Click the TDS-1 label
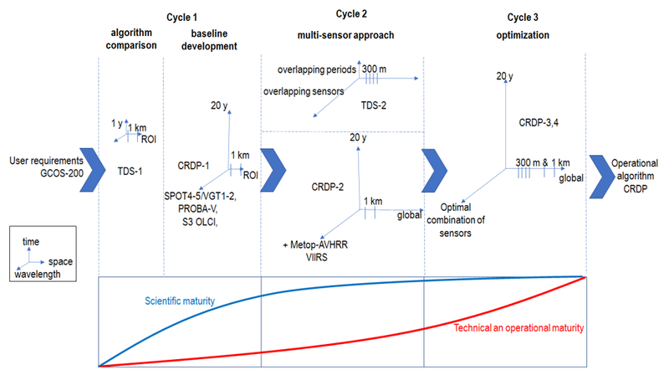[x=130, y=171]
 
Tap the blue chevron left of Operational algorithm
[x=598, y=162]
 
